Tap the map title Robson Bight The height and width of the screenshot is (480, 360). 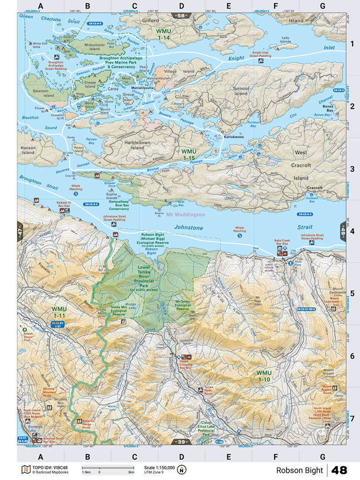298,470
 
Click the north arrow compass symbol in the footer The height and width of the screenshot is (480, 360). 182,470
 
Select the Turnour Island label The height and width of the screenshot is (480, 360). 241,91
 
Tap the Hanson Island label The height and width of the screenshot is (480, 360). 28,150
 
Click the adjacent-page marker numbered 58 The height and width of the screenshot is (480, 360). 181,16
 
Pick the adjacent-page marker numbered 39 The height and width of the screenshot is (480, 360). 181,441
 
